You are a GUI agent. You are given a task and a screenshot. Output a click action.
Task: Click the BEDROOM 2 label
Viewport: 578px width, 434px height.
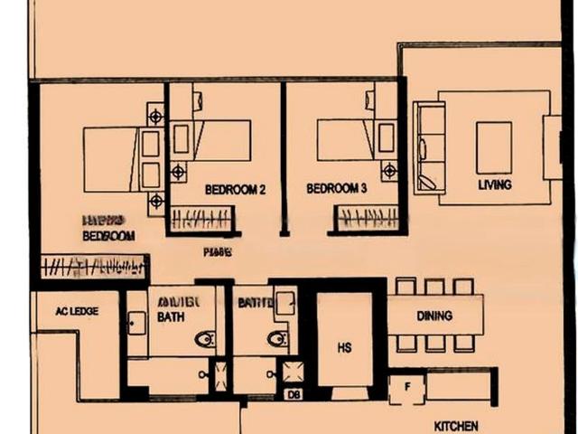tap(235, 190)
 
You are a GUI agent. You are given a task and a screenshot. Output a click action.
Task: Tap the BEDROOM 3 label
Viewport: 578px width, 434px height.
tap(336, 190)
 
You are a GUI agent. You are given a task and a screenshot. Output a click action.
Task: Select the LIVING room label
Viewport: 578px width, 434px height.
tap(495, 185)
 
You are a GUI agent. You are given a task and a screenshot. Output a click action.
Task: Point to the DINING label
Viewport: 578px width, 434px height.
tap(434, 316)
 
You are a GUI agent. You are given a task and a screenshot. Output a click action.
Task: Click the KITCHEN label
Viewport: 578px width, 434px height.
tap(456, 426)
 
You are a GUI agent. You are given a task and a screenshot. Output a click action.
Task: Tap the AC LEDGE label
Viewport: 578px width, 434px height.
tap(77, 311)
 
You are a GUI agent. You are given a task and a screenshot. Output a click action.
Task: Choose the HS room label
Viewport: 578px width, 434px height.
tap(344, 347)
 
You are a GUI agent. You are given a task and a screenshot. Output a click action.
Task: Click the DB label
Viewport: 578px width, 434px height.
tap(292, 394)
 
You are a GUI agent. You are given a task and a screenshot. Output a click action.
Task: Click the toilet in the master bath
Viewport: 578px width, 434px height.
tap(206, 339)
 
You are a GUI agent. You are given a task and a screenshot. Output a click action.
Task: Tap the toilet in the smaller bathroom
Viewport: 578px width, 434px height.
tap(277, 339)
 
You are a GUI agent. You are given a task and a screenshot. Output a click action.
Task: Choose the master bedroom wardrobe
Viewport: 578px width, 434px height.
tap(94, 267)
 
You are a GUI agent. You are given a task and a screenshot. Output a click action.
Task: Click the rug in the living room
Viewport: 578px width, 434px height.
tap(494, 147)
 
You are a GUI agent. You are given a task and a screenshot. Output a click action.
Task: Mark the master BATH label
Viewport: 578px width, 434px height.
tap(171, 318)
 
